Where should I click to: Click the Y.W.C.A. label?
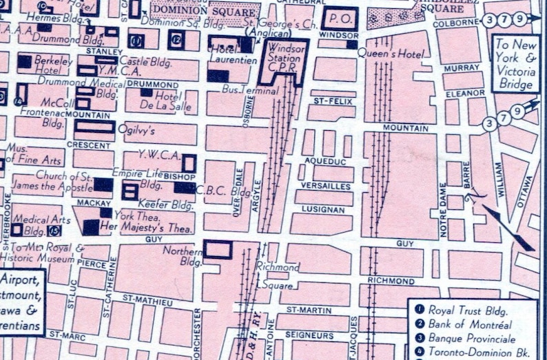pos(158,153)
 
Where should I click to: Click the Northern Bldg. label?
pos(183,255)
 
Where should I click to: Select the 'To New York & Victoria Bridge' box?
pos(515,63)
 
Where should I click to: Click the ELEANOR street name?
pos(463,92)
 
